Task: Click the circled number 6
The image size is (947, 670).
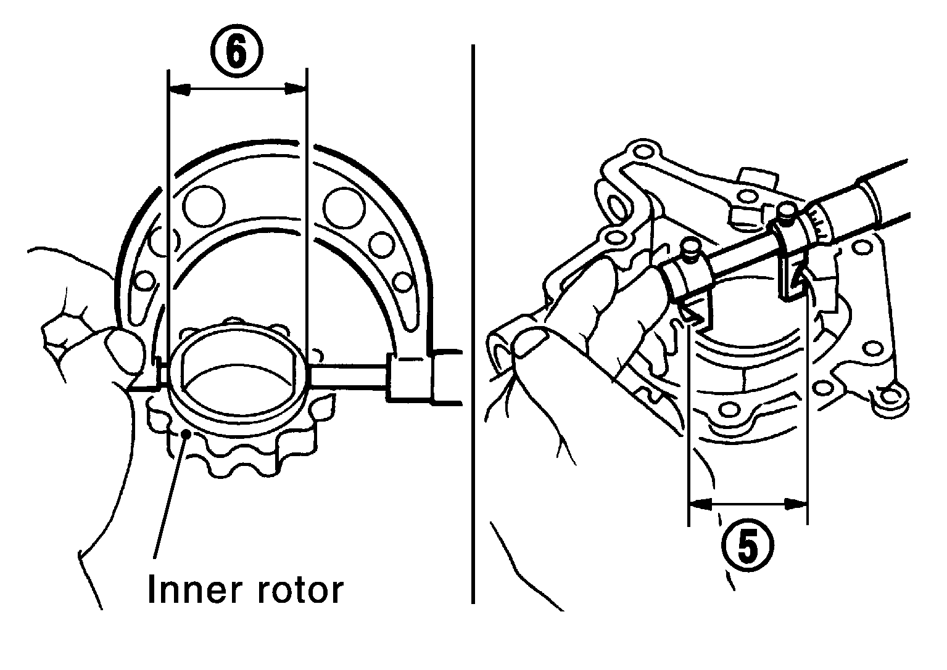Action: pyautogui.click(x=237, y=51)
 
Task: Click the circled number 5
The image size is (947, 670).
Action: pyautogui.click(x=748, y=546)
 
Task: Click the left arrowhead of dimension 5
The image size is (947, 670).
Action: pyautogui.click(x=700, y=503)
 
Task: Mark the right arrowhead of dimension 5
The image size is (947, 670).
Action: pyautogui.click(x=796, y=503)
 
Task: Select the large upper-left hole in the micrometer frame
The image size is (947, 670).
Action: pyautogui.click(x=204, y=206)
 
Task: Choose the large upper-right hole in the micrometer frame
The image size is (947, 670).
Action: pyautogui.click(x=344, y=206)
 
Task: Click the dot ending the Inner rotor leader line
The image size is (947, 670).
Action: pyautogui.click(x=184, y=433)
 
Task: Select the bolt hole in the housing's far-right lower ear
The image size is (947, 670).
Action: pyautogui.click(x=893, y=396)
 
